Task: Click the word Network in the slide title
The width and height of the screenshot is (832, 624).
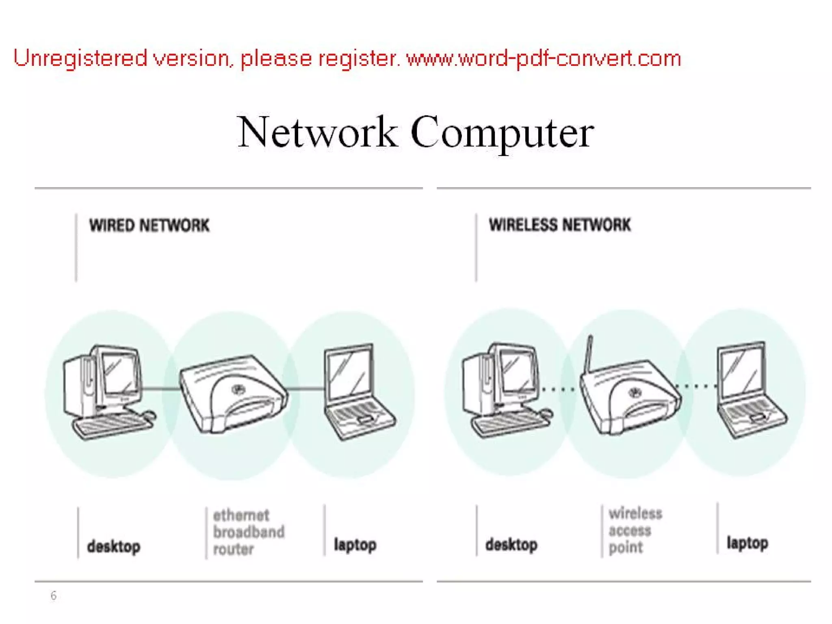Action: coord(317,132)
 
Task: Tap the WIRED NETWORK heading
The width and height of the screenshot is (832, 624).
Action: coord(149,225)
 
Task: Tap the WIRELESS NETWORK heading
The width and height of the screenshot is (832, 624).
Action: coord(560,225)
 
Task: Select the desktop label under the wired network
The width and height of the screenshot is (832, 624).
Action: coord(114,546)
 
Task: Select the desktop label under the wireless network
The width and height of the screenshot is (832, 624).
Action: coord(511,545)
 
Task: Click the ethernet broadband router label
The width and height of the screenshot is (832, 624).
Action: coord(248,532)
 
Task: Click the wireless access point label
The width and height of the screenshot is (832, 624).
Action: coord(635,530)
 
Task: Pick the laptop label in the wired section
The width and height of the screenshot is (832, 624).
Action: coord(355,545)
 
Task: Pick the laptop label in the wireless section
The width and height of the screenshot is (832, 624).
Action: coord(747,543)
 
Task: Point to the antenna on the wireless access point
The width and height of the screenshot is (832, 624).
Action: coord(588,353)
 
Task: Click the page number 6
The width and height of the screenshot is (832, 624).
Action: coord(53,596)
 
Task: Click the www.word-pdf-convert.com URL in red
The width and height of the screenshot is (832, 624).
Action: coord(544,58)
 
